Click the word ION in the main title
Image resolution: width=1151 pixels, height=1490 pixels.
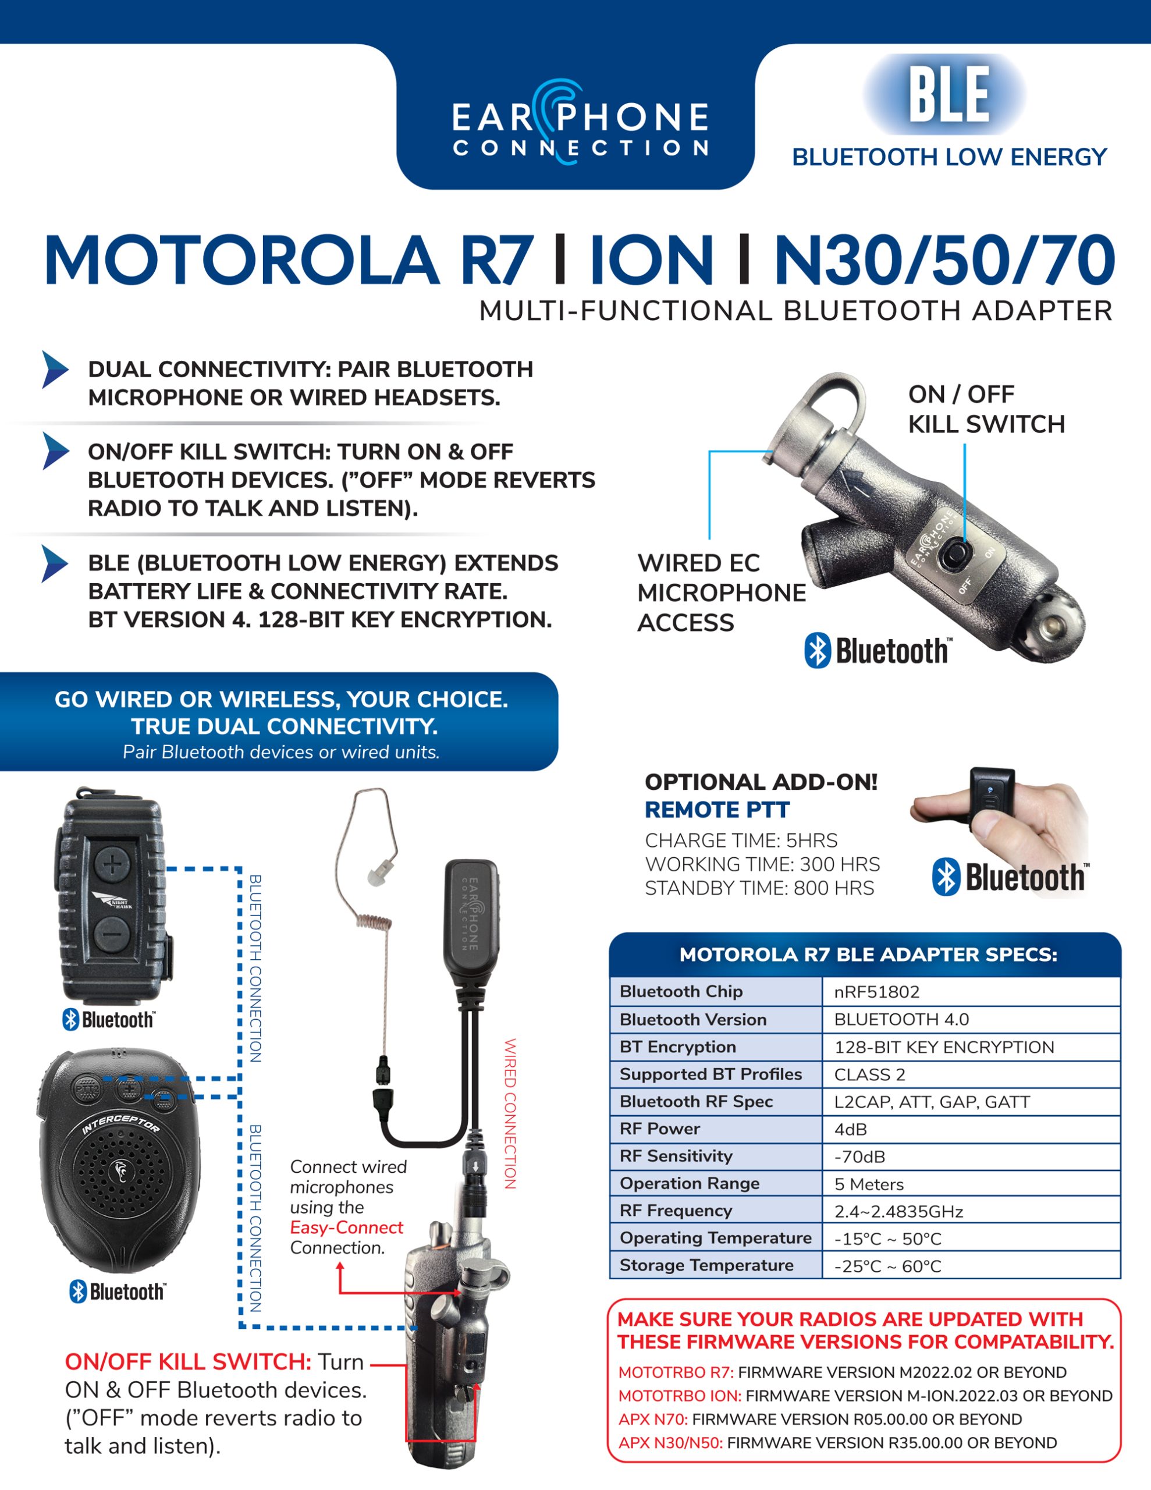[x=652, y=261]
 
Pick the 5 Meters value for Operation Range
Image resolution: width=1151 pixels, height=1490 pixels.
[x=869, y=1184]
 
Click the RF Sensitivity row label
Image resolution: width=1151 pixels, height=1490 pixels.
[x=676, y=1156]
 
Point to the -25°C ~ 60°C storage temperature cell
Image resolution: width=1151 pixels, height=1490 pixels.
[x=887, y=1266]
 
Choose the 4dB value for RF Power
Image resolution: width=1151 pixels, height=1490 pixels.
[x=850, y=1129]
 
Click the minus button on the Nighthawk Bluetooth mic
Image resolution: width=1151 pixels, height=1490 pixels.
[x=112, y=931]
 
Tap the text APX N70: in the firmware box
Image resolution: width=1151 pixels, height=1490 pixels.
[x=652, y=1419]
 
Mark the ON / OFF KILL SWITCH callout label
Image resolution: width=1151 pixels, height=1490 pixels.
[x=985, y=409]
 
